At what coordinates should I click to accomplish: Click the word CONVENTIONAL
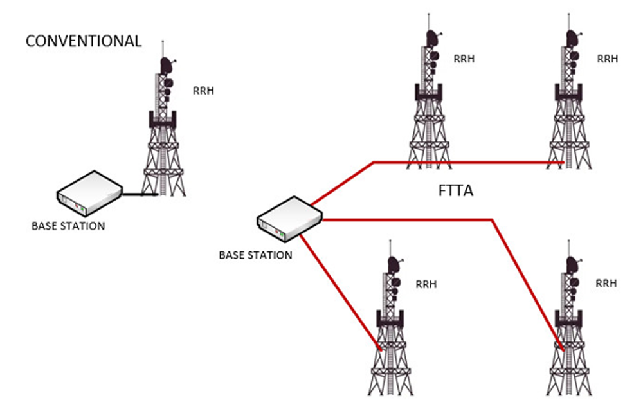tap(83, 41)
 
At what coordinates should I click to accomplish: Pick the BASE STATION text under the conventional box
tap(68, 226)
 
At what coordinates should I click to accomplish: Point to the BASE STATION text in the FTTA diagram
tap(255, 255)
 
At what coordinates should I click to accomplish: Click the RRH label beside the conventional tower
tap(203, 91)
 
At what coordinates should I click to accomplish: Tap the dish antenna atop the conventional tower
tap(167, 65)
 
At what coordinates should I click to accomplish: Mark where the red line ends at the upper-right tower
tap(563, 163)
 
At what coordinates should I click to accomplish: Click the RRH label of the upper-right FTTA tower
tap(608, 59)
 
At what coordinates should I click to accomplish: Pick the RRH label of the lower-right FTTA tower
tap(606, 283)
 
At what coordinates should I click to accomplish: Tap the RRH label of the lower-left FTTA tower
tap(426, 284)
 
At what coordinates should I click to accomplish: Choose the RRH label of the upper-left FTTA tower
tap(464, 59)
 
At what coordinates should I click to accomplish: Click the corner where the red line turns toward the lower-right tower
tap(493, 221)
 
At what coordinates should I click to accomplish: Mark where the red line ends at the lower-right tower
tap(563, 349)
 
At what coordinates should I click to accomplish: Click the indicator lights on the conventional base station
tap(79, 206)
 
